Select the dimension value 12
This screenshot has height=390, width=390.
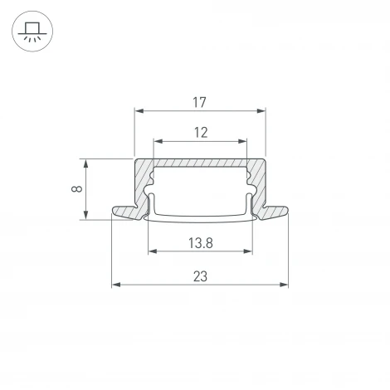pos(199,131)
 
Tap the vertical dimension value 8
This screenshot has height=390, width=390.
pos(76,188)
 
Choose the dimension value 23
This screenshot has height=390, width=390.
pos(199,276)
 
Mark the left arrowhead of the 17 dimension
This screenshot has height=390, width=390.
pos(139,110)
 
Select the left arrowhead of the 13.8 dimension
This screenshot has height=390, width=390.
pos(152,251)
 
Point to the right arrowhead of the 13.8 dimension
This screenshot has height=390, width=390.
pos(247,251)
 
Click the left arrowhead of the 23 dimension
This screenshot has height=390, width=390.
pos(115,285)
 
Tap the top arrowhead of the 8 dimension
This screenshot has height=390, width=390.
pos(85,162)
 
